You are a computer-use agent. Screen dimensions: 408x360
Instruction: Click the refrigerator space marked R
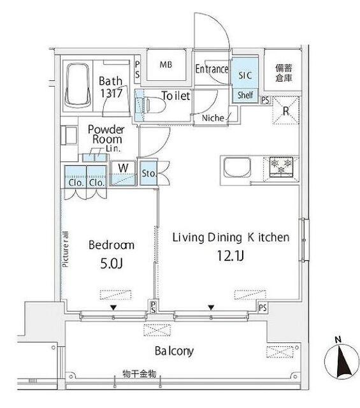pos(284,110)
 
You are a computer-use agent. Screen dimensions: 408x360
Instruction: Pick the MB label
pos(166,65)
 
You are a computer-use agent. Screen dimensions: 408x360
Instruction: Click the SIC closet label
pos(245,75)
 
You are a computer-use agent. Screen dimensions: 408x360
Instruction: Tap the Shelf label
pos(245,96)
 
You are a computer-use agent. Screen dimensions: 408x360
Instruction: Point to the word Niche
pos(212,118)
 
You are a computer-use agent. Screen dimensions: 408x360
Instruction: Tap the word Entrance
pos(212,69)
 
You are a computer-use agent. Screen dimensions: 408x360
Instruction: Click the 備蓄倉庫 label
pos(284,72)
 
